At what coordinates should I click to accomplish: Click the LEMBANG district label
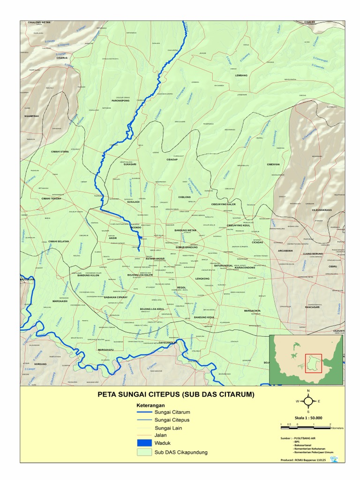pyautogui.click(x=241, y=75)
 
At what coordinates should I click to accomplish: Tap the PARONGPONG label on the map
pyautogui.click(x=120, y=101)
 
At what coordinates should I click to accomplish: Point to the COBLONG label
pyautogui.click(x=185, y=197)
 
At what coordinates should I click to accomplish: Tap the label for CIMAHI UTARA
pyautogui.click(x=60, y=152)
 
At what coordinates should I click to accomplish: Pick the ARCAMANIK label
pyautogui.click(x=285, y=251)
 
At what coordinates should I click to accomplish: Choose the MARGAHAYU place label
pyautogui.click(x=106, y=350)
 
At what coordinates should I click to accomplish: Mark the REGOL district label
pyautogui.click(x=182, y=287)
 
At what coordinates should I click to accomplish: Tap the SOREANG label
pyautogui.click(x=42, y=364)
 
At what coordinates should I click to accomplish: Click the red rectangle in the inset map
pyautogui.click(x=314, y=363)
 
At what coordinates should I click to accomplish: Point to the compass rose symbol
pyautogui.click(x=308, y=401)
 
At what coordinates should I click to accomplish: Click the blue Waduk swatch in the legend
pyautogui.click(x=145, y=443)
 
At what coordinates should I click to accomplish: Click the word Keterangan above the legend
pyautogui.click(x=150, y=404)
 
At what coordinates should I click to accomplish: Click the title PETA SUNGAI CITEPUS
pyautogui.click(x=176, y=395)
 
